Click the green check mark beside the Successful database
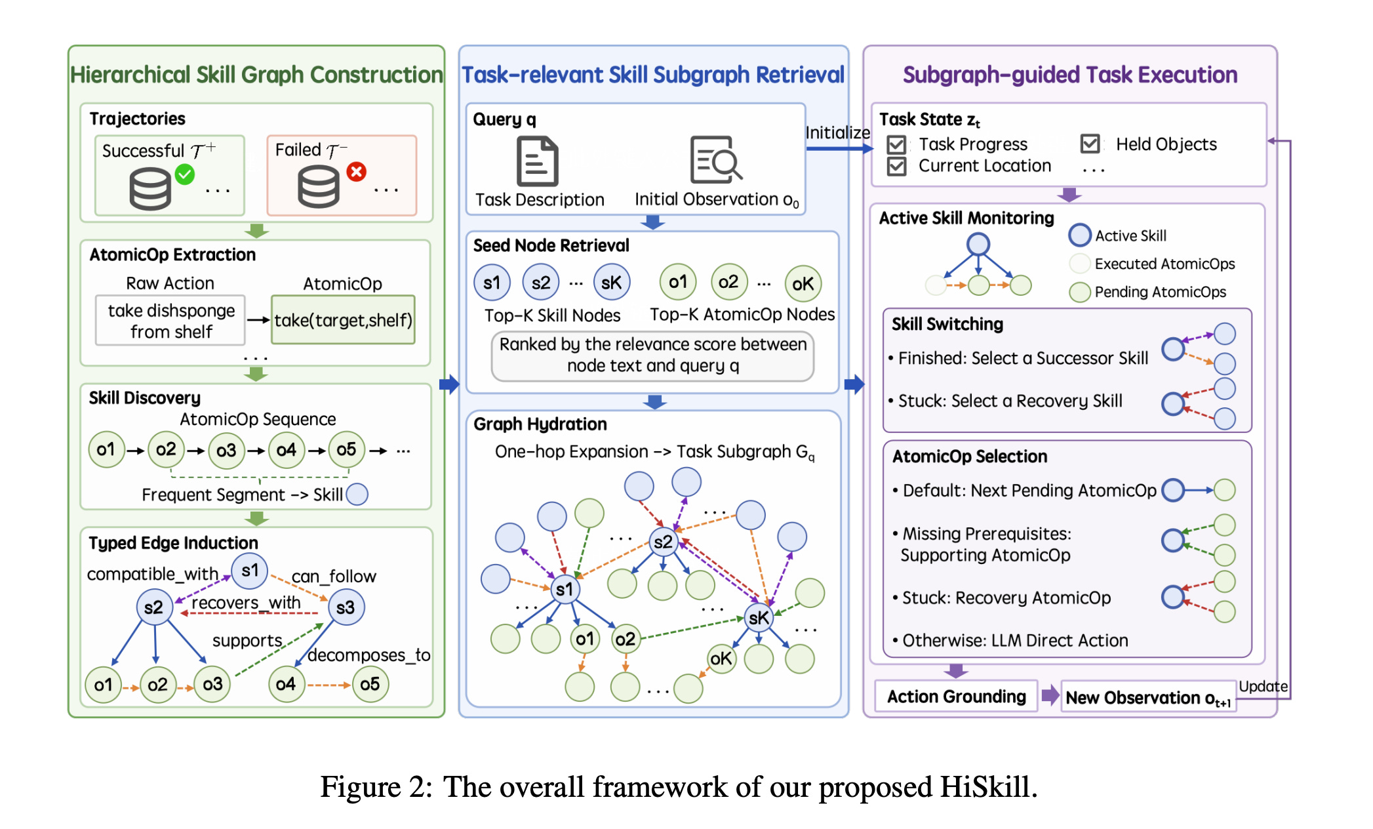tap(185, 174)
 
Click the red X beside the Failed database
tap(357, 172)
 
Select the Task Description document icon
tap(537, 161)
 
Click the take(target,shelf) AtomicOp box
tap(343, 320)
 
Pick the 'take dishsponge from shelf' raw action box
tap(170, 320)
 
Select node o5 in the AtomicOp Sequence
tap(346, 450)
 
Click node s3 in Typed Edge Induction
tap(346, 607)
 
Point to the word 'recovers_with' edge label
tap(246, 602)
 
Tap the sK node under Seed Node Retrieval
tap(611, 283)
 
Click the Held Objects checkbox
tap(1090, 144)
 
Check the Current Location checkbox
tap(896, 166)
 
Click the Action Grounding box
tap(957, 697)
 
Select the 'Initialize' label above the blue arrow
tap(837, 132)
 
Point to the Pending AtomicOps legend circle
tap(1080, 292)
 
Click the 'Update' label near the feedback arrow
tap(1263, 687)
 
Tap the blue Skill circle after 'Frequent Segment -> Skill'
tap(357, 495)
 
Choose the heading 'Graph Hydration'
tap(540, 424)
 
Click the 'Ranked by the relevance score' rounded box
tap(652, 355)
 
